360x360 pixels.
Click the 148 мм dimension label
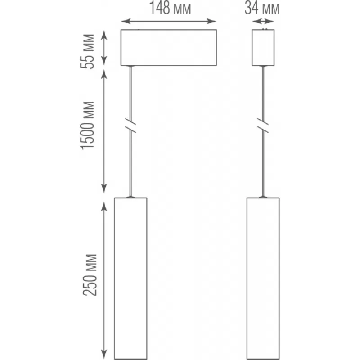coord(170,8)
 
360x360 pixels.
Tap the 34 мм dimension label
coord(262,8)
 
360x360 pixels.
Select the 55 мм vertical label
coord(87,51)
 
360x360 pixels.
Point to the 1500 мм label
coord(87,126)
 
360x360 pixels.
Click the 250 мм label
coord(90,275)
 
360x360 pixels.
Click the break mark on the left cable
coord(130,126)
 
